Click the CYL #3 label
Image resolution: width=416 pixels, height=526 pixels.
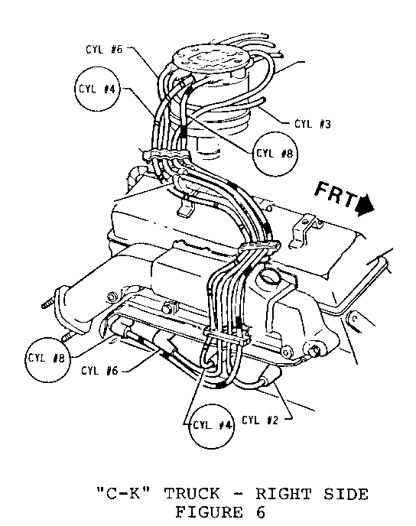(x=313, y=124)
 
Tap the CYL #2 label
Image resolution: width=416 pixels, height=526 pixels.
(x=260, y=420)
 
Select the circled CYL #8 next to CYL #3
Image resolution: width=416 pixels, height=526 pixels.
(x=275, y=154)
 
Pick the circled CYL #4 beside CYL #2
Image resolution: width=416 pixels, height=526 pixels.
(x=212, y=426)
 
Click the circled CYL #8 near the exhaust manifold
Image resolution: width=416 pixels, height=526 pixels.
(x=47, y=359)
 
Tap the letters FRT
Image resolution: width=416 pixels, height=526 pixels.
(x=336, y=194)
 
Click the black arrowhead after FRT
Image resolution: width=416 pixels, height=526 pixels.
(x=366, y=206)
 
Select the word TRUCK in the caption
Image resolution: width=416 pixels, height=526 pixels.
(x=192, y=494)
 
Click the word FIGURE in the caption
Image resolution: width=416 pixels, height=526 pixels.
(x=209, y=512)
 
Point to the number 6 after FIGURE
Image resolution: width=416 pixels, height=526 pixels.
(x=260, y=512)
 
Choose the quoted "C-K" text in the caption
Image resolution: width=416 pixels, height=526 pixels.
(x=123, y=494)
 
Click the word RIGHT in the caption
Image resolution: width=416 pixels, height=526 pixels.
(x=284, y=494)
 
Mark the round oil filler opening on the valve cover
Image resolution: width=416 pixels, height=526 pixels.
(x=269, y=277)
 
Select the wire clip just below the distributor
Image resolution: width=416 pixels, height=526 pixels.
(x=166, y=156)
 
